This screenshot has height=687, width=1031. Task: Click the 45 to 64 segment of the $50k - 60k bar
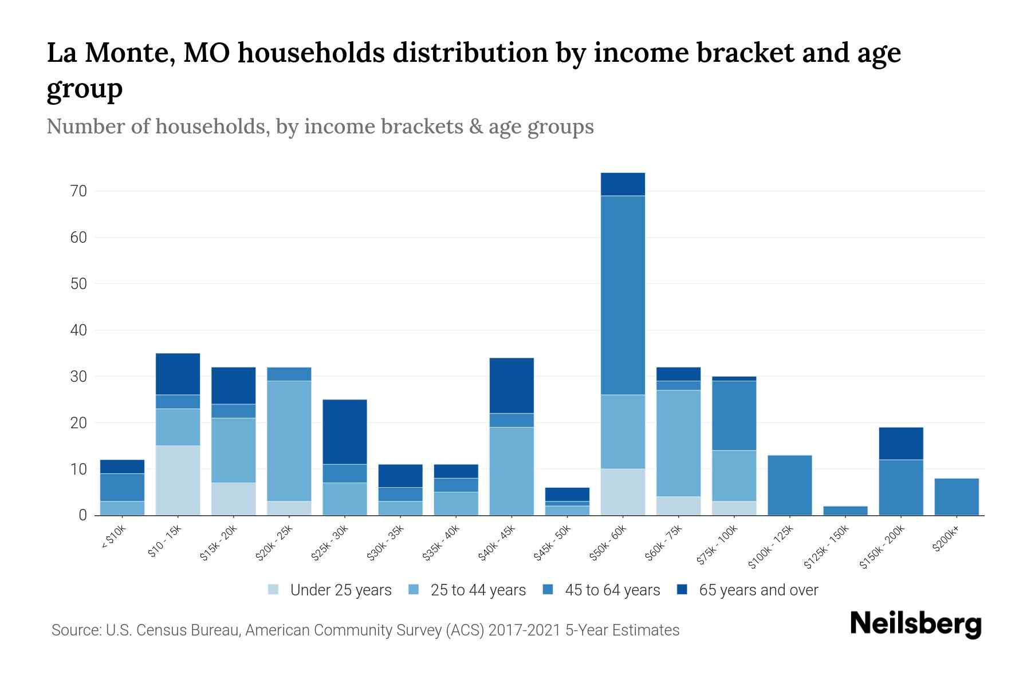pyautogui.click(x=623, y=295)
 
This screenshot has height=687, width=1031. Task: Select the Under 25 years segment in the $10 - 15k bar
pyautogui.click(x=178, y=480)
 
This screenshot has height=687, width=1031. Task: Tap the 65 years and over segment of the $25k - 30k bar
pyautogui.click(x=345, y=432)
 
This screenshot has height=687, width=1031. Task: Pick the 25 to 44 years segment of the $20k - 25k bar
pyautogui.click(x=289, y=441)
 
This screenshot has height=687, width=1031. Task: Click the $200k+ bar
pyautogui.click(x=957, y=497)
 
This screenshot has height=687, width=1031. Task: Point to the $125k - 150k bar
pyautogui.click(x=845, y=511)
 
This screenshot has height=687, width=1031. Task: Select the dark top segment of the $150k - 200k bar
pyautogui.click(x=901, y=443)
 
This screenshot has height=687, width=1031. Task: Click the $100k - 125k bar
pyautogui.click(x=790, y=485)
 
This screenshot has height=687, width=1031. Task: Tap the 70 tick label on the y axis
pyautogui.click(x=79, y=191)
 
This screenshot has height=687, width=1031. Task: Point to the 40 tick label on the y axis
pyautogui.click(x=79, y=330)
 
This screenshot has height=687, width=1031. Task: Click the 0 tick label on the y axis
pyautogui.click(x=82, y=515)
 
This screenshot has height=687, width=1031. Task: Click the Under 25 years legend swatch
pyautogui.click(x=274, y=590)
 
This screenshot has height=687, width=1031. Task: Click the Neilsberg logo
pyautogui.click(x=915, y=623)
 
